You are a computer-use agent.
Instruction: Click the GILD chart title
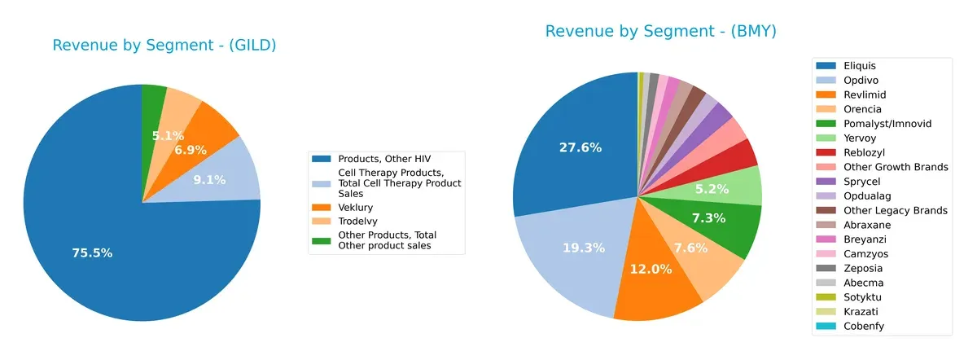point(164,46)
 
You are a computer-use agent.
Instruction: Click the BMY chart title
point(660,32)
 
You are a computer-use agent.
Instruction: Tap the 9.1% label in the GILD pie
point(210,180)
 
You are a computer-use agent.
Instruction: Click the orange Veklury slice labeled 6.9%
point(190,151)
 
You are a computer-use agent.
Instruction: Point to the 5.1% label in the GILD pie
point(169,136)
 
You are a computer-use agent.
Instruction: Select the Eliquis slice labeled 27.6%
point(580,147)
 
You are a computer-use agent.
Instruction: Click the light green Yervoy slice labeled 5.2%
point(738,188)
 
